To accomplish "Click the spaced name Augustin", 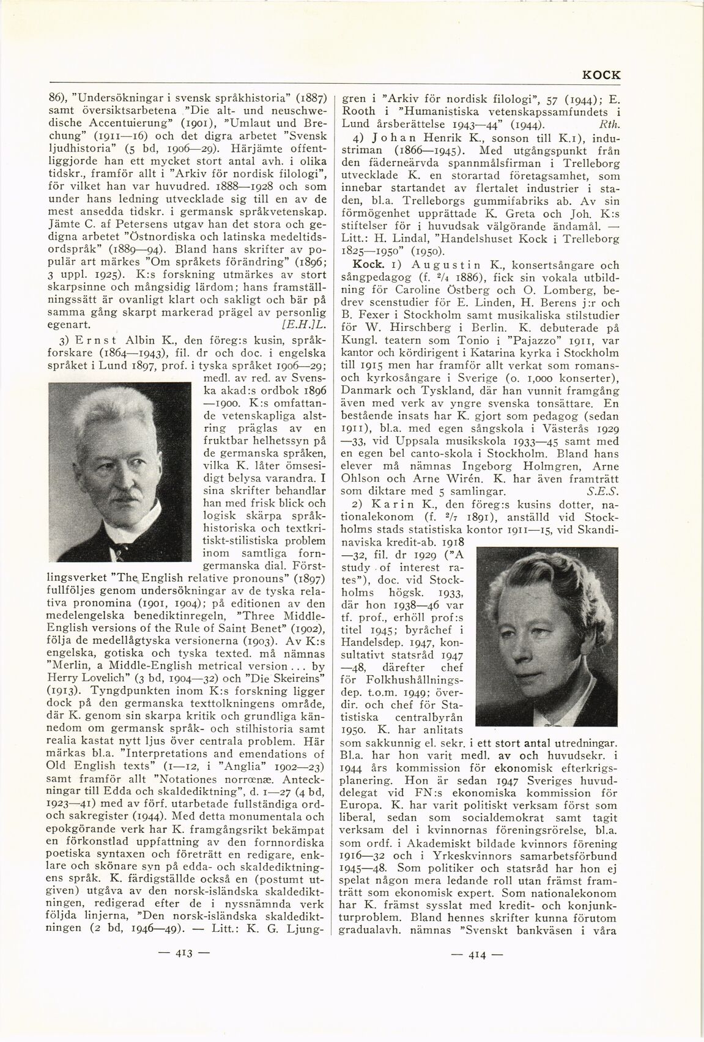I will pos(431,265).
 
